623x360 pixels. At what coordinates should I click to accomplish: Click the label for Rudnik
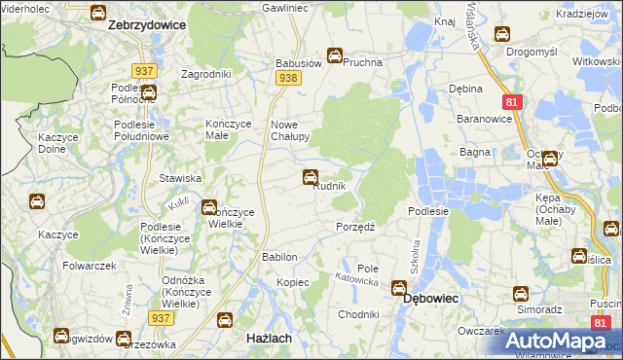pos(329,187)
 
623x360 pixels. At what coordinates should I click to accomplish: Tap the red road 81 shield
pos(511,101)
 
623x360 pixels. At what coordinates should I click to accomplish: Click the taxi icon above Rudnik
pos(310,176)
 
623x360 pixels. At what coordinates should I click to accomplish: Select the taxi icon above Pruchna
pos(335,55)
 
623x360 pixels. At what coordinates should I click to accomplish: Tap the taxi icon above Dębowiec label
pos(398,288)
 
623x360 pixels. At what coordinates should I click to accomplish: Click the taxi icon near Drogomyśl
pos(502,35)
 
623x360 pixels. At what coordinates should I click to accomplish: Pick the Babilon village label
pos(278,257)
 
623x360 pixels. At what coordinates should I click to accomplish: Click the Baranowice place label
pos(483,119)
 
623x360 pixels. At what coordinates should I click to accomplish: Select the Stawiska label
pos(180,178)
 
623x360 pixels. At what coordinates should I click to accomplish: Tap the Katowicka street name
pos(355,279)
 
